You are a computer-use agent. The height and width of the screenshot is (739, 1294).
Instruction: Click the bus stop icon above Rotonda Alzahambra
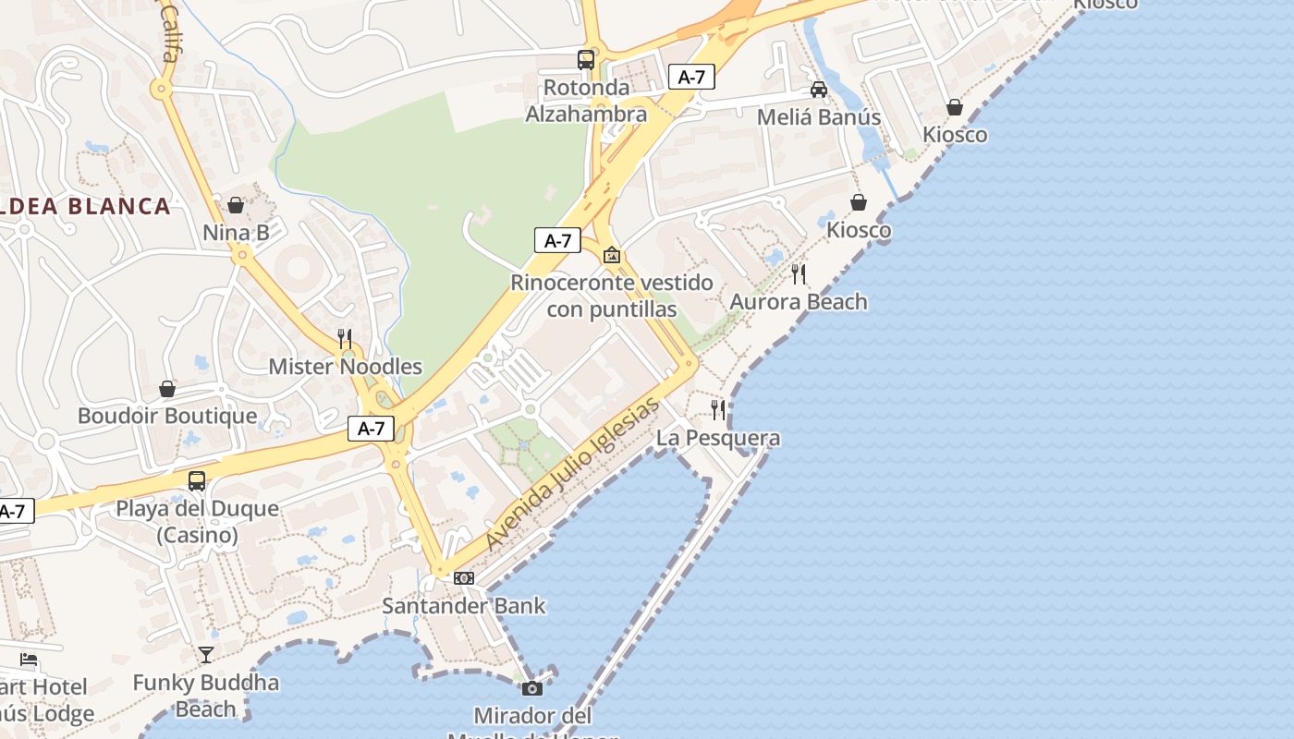pyautogui.click(x=586, y=60)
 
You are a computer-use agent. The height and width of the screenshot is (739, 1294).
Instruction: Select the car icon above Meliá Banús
pyautogui.click(x=818, y=90)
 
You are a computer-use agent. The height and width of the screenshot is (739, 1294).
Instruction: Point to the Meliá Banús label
pyautogui.click(x=818, y=117)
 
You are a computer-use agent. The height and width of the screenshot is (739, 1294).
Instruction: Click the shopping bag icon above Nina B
pyautogui.click(x=236, y=204)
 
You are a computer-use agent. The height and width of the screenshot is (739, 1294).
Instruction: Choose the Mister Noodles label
pyautogui.click(x=345, y=367)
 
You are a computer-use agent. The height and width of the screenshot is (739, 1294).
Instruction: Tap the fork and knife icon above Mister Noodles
pyautogui.click(x=345, y=338)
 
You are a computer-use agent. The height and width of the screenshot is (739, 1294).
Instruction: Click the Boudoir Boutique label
pyautogui.click(x=167, y=416)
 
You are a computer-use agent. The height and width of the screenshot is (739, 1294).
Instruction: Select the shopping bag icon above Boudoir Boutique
pyautogui.click(x=167, y=389)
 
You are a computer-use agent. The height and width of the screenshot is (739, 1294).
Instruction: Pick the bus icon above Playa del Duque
pyautogui.click(x=197, y=481)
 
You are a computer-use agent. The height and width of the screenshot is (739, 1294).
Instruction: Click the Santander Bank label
pyautogui.click(x=464, y=606)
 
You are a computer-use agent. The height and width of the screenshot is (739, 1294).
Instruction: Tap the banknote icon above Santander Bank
pyautogui.click(x=464, y=578)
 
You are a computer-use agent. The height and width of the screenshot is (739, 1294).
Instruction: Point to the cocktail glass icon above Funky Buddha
pyautogui.click(x=206, y=655)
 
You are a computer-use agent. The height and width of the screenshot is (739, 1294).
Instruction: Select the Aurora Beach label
pyautogui.click(x=799, y=302)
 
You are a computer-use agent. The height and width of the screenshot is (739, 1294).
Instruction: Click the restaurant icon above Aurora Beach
pyautogui.click(x=799, y=273)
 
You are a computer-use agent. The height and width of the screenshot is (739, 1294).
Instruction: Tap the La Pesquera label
pyautogui.click(x=718, y=438)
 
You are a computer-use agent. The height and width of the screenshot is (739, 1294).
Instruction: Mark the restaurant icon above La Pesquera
pyautogui.click(x=718, y=409)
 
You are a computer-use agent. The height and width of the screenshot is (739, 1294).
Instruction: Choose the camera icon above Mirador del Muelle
pyautogui.click(x=532, y=688)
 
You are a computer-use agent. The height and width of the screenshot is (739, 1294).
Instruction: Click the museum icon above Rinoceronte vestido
pyautogui.click(x=611, y=255)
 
